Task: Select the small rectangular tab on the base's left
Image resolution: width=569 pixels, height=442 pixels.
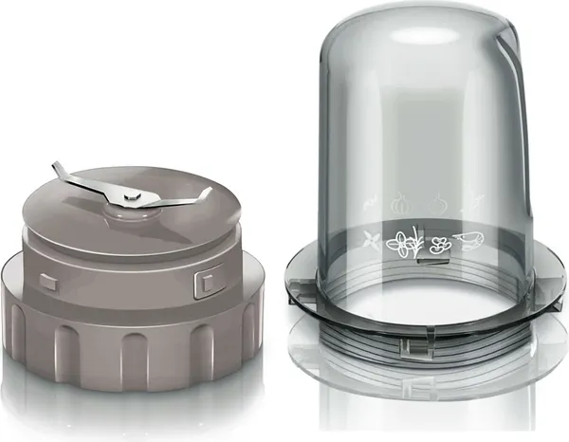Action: coord(47,279)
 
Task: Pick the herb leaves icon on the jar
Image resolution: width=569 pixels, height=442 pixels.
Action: coord(407,243)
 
